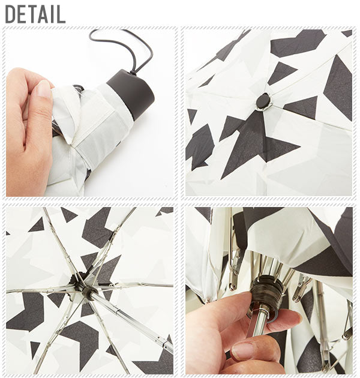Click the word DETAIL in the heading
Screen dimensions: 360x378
pos(35,14)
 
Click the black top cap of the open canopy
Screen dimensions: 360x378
pos(263,101)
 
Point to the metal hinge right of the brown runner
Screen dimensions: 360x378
pos(300,289)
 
